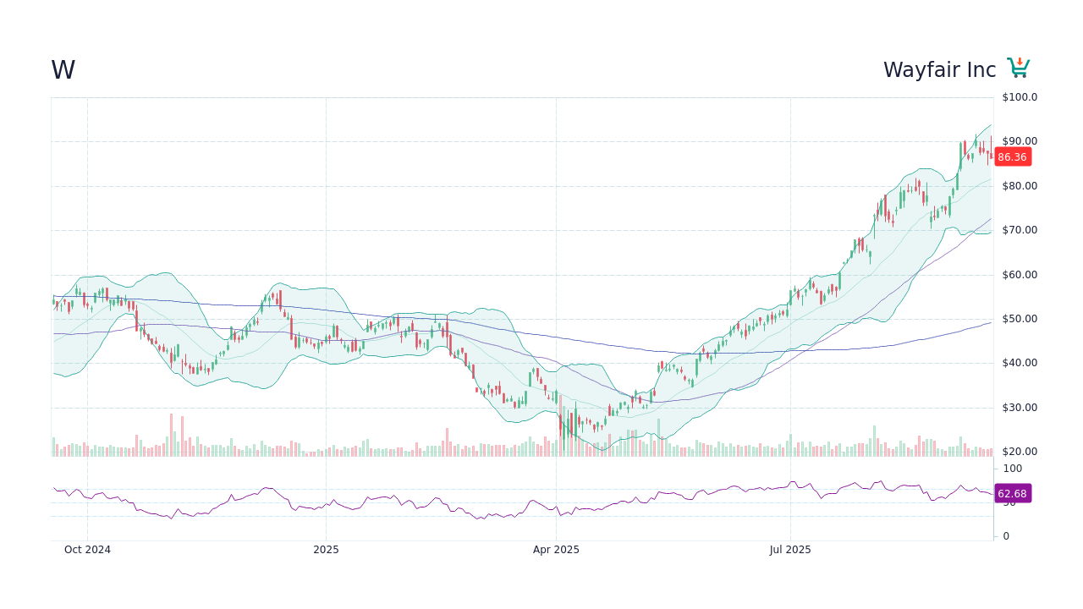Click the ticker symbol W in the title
[63, 70]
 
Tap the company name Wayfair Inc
[939, 70]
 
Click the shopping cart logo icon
[1018, 69]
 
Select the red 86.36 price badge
[1012, 157]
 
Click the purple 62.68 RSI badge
[1012, 494]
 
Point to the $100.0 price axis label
[1020, 97]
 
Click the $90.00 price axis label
[1020, 141]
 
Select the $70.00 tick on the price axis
[1020, 230]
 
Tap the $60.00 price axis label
[1020, 275]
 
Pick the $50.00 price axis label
[1020, 319]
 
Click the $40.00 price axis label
[1020, 363]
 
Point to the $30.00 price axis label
[1020, 408]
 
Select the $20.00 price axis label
[1020, 452]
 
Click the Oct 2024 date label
[87, 550]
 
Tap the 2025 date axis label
[326, 550]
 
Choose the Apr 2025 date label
[556, 550]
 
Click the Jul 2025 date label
[790, 550]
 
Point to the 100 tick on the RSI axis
[1012, 469]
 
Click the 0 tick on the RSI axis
[1006, 536]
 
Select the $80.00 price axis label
[1020, 186]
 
